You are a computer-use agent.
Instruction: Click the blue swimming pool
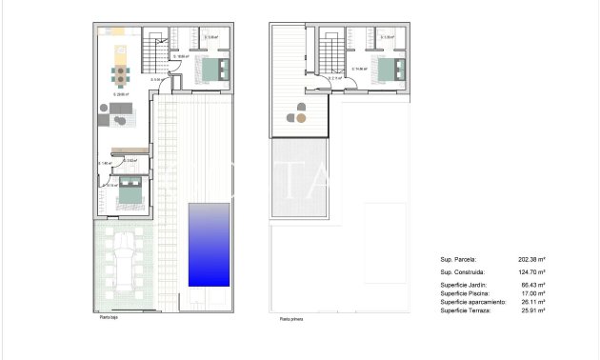[209, 244]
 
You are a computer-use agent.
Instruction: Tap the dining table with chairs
[120, 74]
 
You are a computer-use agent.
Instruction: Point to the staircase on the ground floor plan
[153, 51]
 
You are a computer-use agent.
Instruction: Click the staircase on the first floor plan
[330, 52]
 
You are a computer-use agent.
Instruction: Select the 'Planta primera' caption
[291, 321]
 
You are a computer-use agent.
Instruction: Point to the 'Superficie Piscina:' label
[465, 293]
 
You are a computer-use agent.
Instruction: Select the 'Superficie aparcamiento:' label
[471, 302]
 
